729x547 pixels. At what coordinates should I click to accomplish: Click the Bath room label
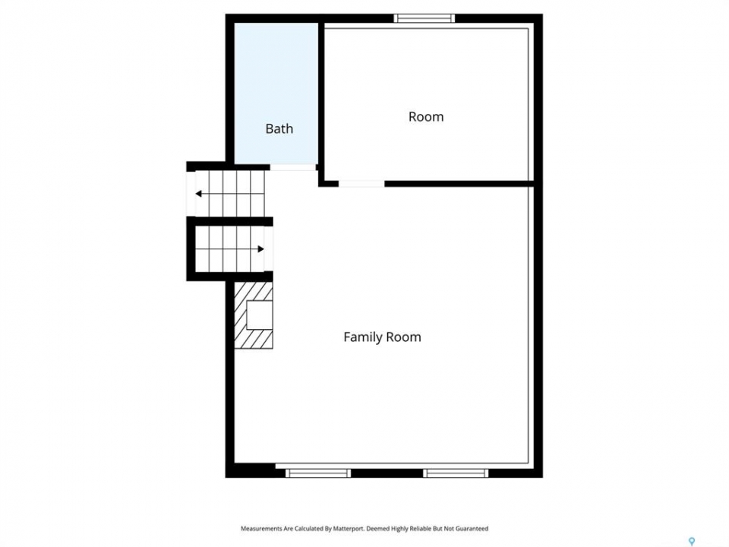click(279, 128)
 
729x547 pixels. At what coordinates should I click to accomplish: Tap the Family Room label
click(382, 337)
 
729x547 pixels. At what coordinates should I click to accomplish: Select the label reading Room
click(426, 116)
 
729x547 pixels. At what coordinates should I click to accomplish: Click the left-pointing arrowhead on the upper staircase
click(198, 194)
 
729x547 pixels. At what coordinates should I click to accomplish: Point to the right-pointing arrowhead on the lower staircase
click(260, 249)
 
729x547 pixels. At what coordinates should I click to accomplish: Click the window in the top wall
click(424, 18)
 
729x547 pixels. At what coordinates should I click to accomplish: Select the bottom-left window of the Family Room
click(318, 473)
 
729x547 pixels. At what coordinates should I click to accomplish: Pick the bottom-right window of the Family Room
click(456, 473)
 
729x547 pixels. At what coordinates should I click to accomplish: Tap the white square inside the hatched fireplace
click(260, 315)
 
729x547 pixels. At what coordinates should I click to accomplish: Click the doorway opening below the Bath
click(293, 167)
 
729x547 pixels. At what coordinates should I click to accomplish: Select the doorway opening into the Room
click(361, 184)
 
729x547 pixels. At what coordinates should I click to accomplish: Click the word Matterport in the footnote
click(349, 529)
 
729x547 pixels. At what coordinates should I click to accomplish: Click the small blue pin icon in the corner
click(692, 542)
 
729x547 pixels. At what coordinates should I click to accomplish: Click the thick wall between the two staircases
click(229, 220)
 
